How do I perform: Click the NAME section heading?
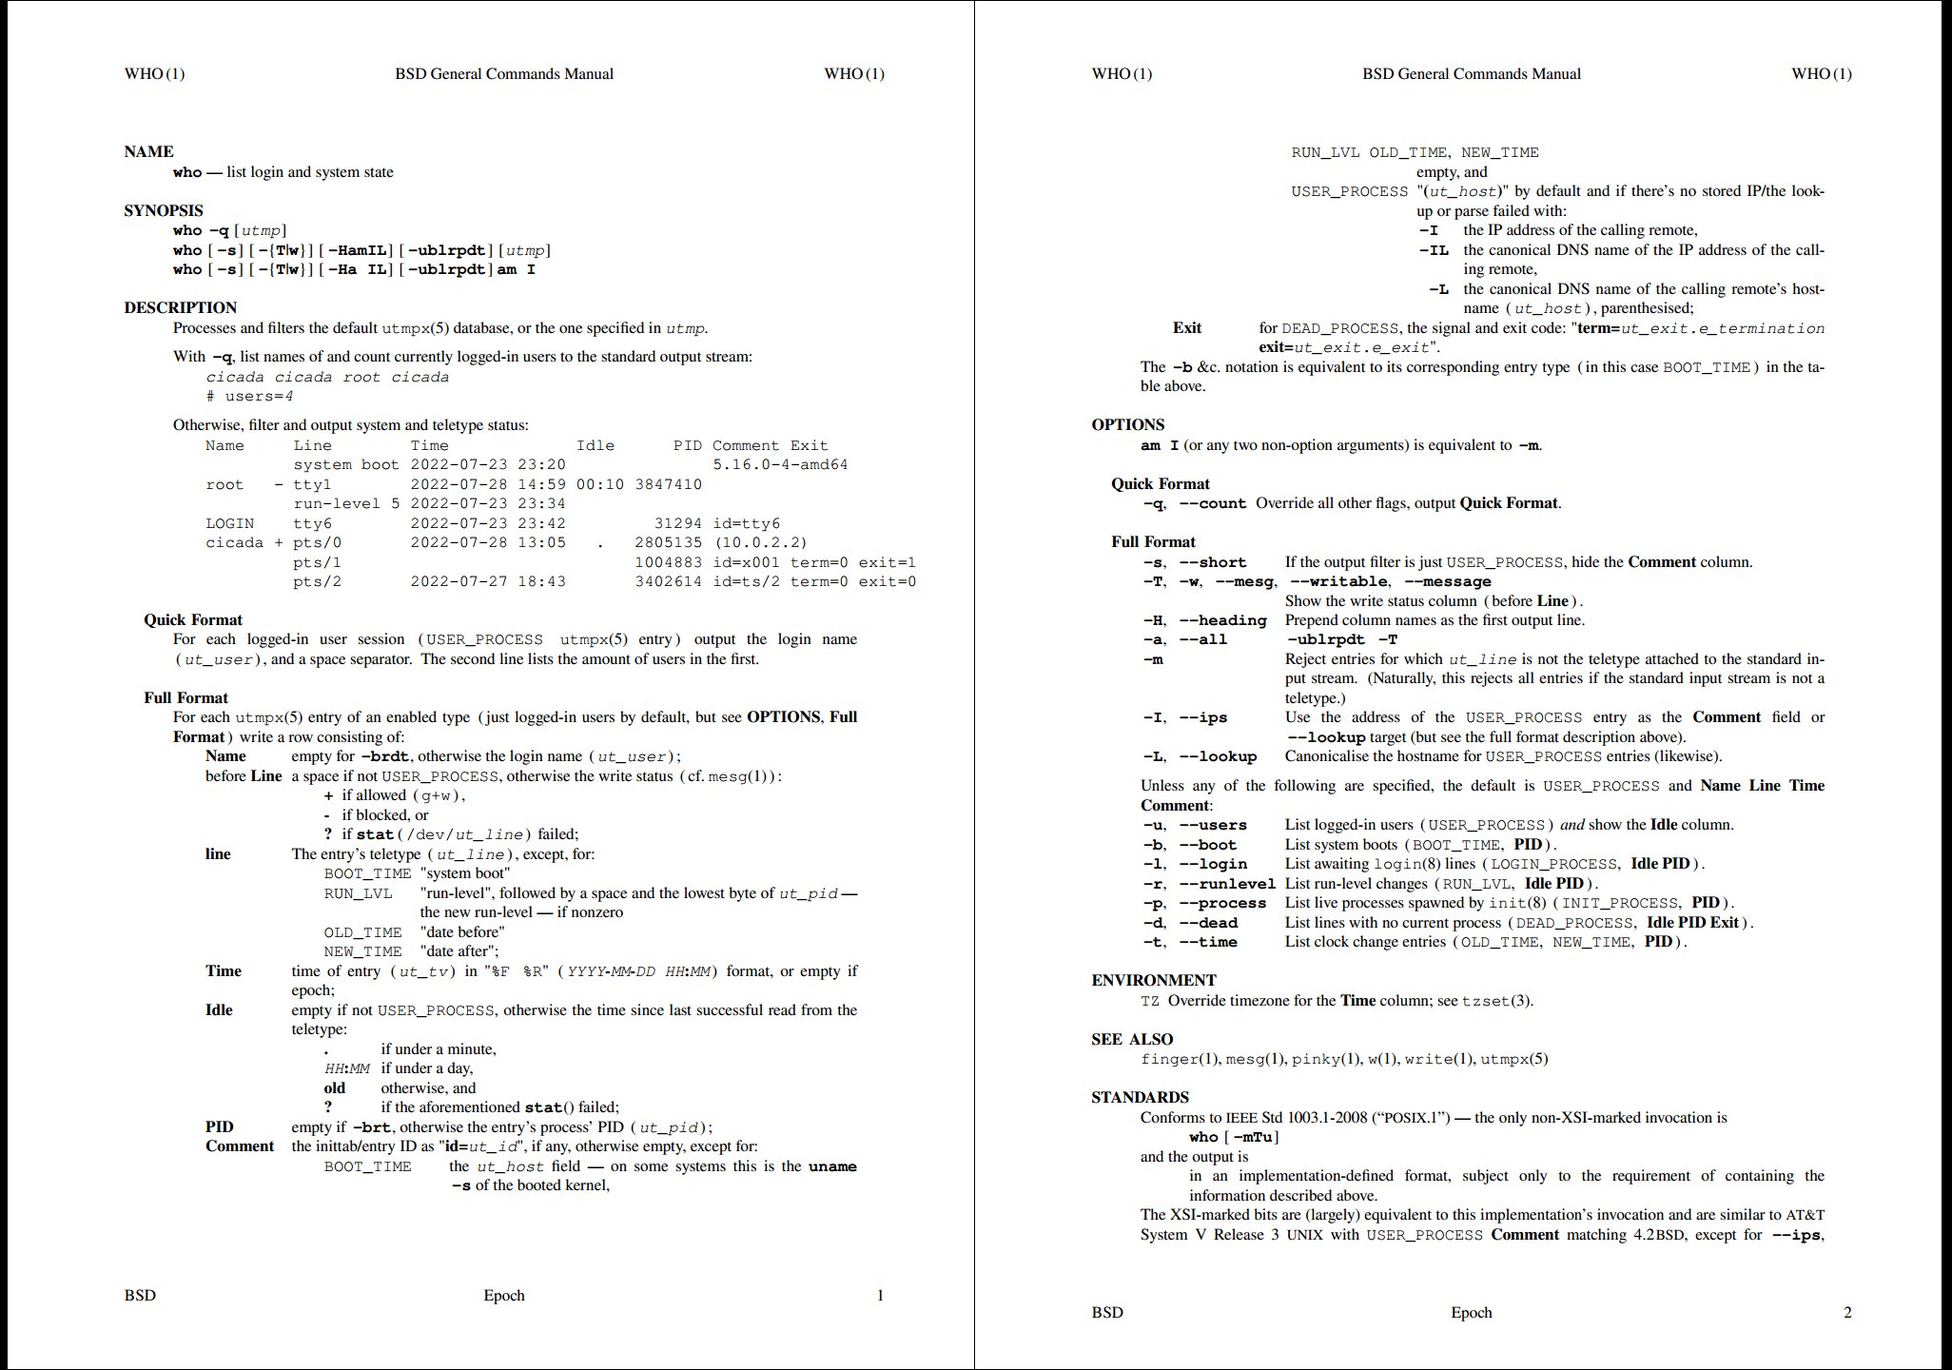[x=148, y=151]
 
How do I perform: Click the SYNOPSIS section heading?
[x=163, y=210]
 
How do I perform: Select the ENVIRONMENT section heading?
[x=1153, y=980]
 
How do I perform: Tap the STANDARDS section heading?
[x=1140, y=1097]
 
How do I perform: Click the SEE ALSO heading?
[x=1132, y=1039]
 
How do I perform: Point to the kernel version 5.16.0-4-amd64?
[x=780, y=465]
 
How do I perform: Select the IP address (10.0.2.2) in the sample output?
[x=759, y=542]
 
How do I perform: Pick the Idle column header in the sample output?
[x=595, y=445]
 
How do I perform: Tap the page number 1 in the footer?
[x=880, y=1295]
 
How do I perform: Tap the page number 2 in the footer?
[x=1847, y=1312]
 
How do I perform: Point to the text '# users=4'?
[x=249, y=396]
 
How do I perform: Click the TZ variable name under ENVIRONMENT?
[x=1150, y=1001]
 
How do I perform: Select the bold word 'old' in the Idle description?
[x=335, y=1087]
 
